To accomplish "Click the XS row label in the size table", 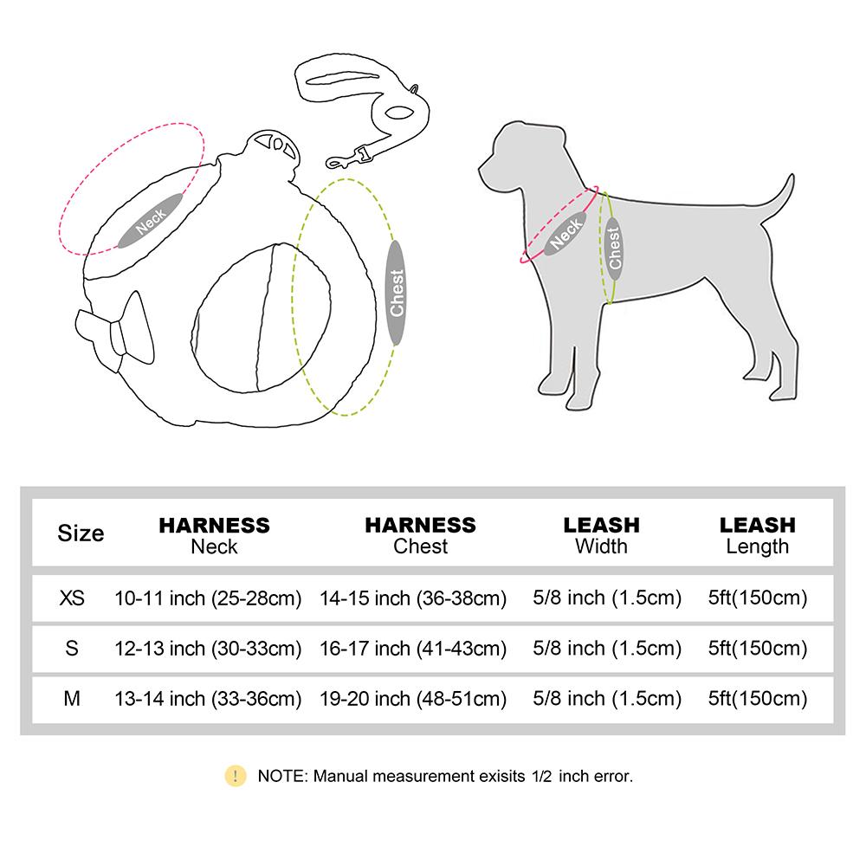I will (x=73, y=598).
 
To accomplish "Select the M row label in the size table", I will (x=73, y=698).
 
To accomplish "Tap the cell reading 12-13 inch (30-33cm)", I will (x=208, y=648).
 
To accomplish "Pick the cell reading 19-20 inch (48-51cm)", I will (x=413, y=698).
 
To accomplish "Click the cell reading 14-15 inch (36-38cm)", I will (x=413, y=598).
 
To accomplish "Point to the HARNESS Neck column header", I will (x=214, y=534).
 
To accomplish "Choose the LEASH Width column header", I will (x=601, y=534).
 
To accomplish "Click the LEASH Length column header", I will (x=757, y=534).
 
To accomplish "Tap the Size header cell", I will (x=81, y=533).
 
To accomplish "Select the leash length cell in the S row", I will (x=757, y=648).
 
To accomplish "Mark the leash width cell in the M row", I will (x=601, y=698).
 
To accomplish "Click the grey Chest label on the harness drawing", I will (x=397, y=293).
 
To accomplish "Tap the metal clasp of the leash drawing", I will (x=346, y=158).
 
